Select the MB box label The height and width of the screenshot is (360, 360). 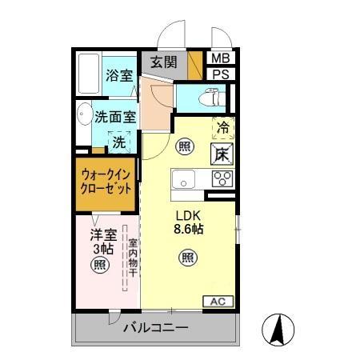pyautogui.click(x=219, y=58)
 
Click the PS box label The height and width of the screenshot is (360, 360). pyautogui.click(x=219, y=74)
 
